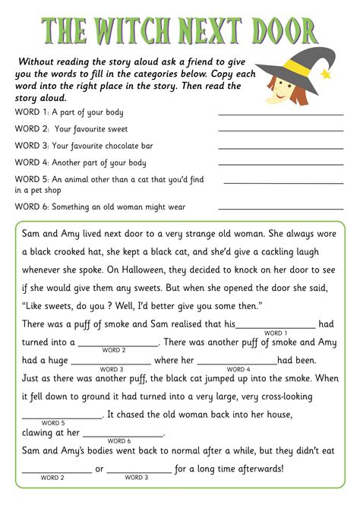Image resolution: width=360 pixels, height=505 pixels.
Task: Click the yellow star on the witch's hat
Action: (x=327, y=74)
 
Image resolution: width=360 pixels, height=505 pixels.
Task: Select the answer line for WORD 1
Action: (x=280, y=114)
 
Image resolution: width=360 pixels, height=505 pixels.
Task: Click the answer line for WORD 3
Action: (x=280, y=147)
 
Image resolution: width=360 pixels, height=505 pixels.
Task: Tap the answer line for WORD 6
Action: (x=280, y=208)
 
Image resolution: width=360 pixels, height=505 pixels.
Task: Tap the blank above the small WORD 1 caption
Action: (x=276, y=327)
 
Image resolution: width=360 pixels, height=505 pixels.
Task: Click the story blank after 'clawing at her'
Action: (x=122, y=435)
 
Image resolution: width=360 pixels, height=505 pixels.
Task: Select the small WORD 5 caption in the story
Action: (x=52, y=423)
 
